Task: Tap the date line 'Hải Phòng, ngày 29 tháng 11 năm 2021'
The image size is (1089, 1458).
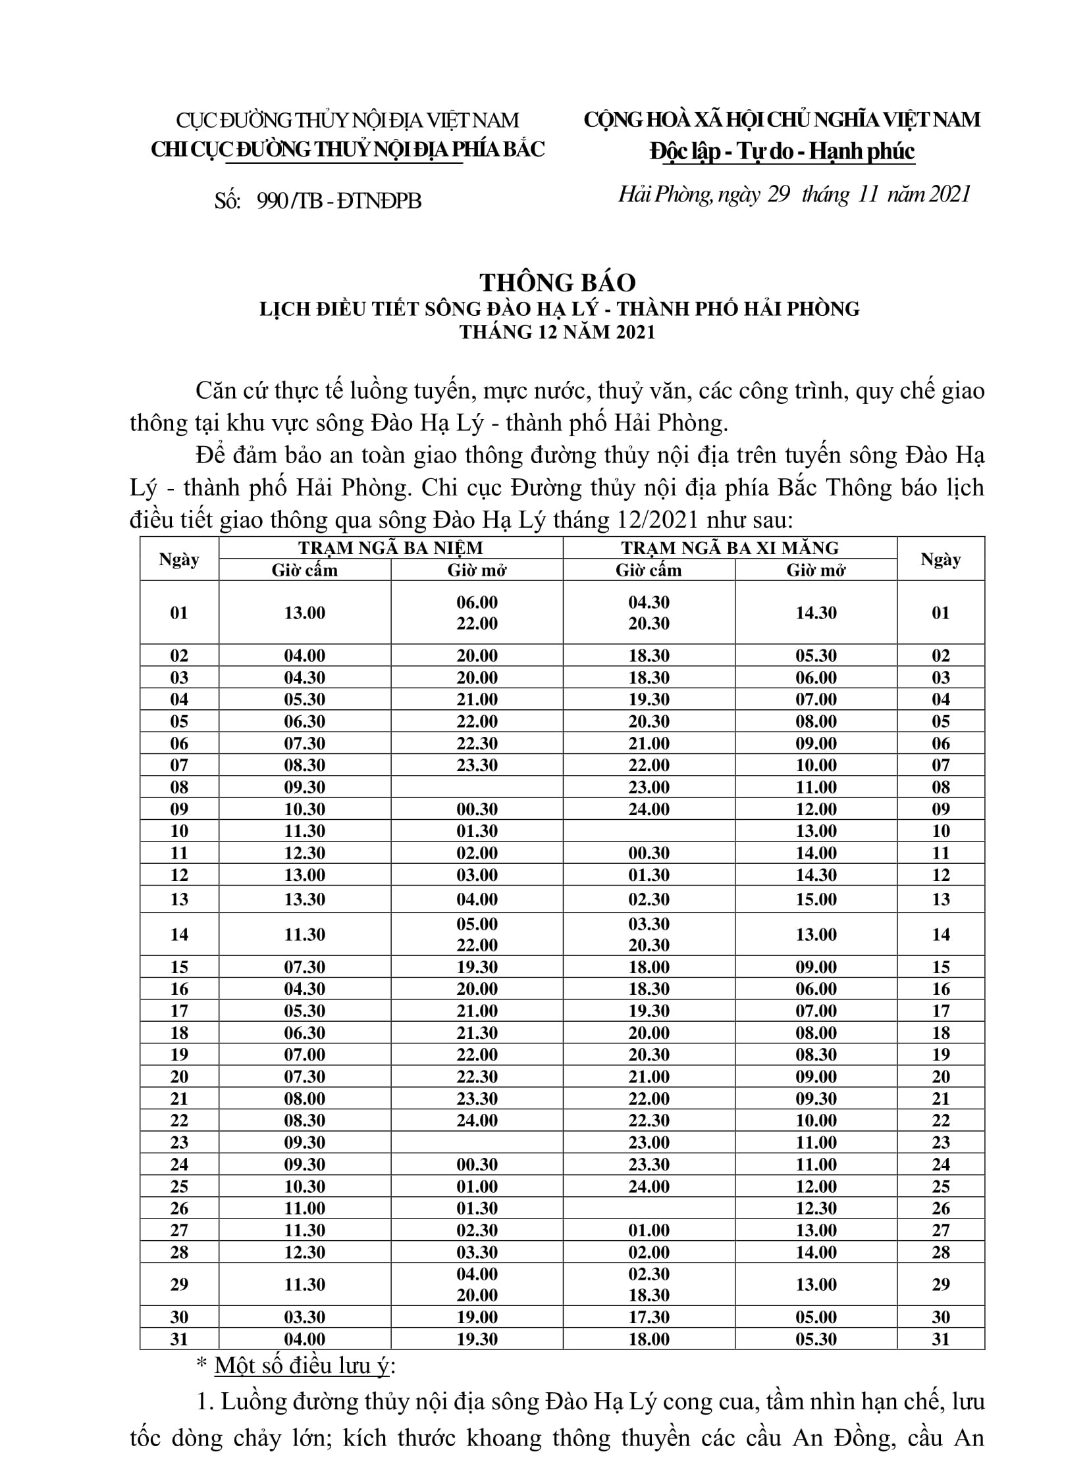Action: point(794,194)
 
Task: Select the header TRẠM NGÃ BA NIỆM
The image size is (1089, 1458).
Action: point(390,548)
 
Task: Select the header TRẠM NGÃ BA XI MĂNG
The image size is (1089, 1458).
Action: point(730,548)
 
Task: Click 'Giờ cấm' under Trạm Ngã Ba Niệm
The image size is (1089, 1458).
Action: point(305,570)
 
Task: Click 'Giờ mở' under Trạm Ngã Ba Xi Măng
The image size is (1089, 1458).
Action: point(815,570)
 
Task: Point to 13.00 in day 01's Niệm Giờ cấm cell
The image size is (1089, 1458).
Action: point(305,613)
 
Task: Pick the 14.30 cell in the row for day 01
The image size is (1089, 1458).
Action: point(815,613)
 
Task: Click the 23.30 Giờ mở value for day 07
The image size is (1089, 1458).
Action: point(477,765)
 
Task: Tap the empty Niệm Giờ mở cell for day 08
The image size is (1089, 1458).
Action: point(477,787)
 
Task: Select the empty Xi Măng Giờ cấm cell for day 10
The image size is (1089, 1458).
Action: point(649,831)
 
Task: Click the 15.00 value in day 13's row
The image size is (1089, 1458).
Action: point(815,899)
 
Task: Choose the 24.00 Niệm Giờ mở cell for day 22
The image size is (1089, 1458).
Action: point(477,1120)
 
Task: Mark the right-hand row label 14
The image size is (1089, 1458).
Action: point(941,934)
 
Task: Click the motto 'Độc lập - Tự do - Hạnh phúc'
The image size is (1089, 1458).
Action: point(782,151)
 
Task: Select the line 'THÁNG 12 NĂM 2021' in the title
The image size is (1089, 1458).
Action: point(557,332)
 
